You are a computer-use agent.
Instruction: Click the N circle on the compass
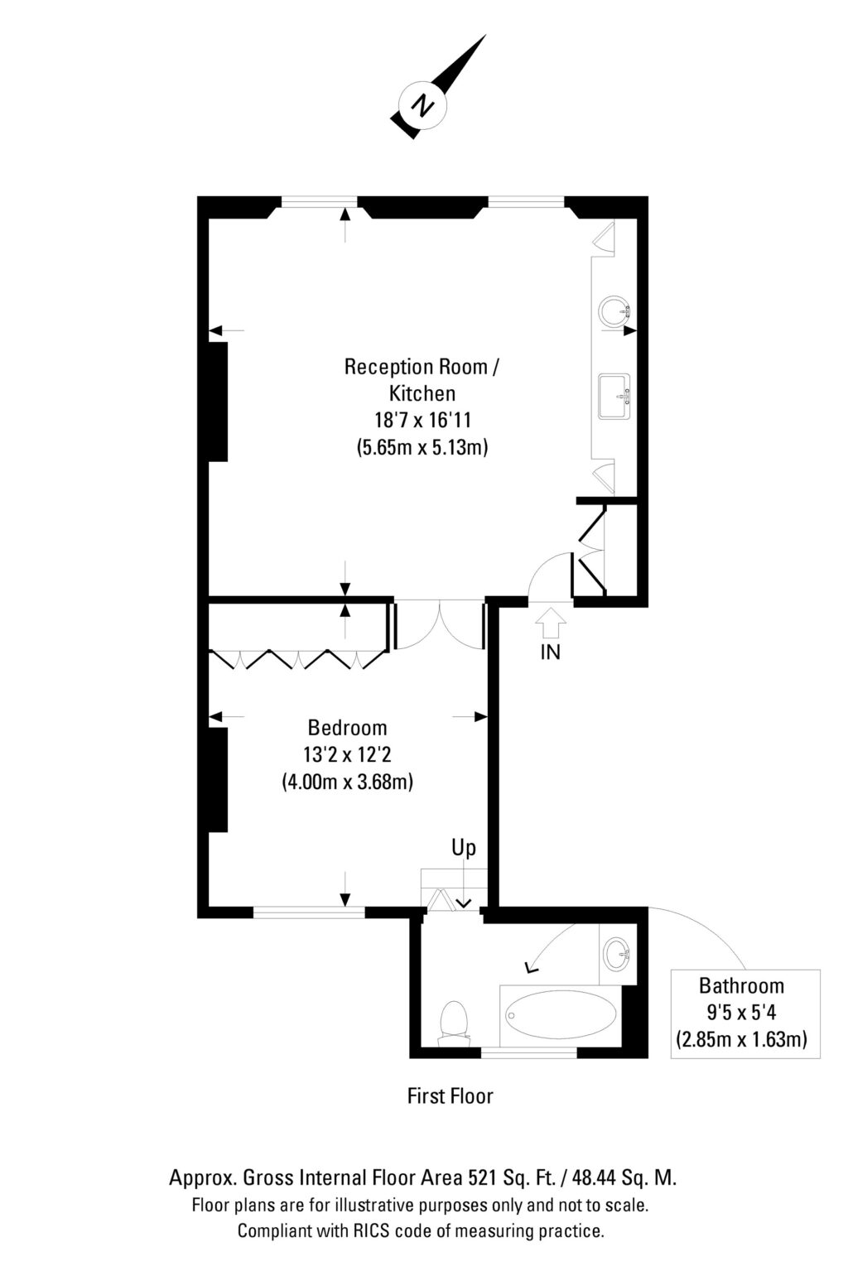pos(423,104)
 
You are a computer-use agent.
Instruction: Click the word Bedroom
pos(347,728)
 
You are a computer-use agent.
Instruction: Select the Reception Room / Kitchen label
pos(422,378)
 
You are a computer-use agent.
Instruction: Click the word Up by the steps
pos(464,848)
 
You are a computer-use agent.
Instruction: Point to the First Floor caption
pos(450,1096)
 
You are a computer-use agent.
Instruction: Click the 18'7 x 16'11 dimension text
pos(422,420)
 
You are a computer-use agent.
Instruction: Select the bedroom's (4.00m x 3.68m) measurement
pos(347,781)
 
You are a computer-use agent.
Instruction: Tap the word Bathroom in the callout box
pos(741,985)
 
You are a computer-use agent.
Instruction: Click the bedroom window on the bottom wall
pos(308,912)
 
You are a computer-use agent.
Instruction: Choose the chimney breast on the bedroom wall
pos(218,779)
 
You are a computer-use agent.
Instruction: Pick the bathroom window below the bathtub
pos(529,1052)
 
